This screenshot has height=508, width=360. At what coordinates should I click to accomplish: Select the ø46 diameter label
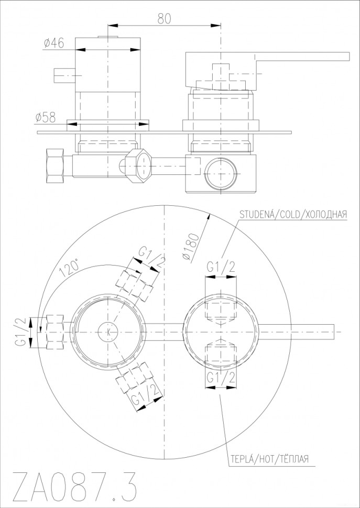pos(53,44)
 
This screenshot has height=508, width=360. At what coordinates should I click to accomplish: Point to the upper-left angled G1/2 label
pos(150,259)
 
